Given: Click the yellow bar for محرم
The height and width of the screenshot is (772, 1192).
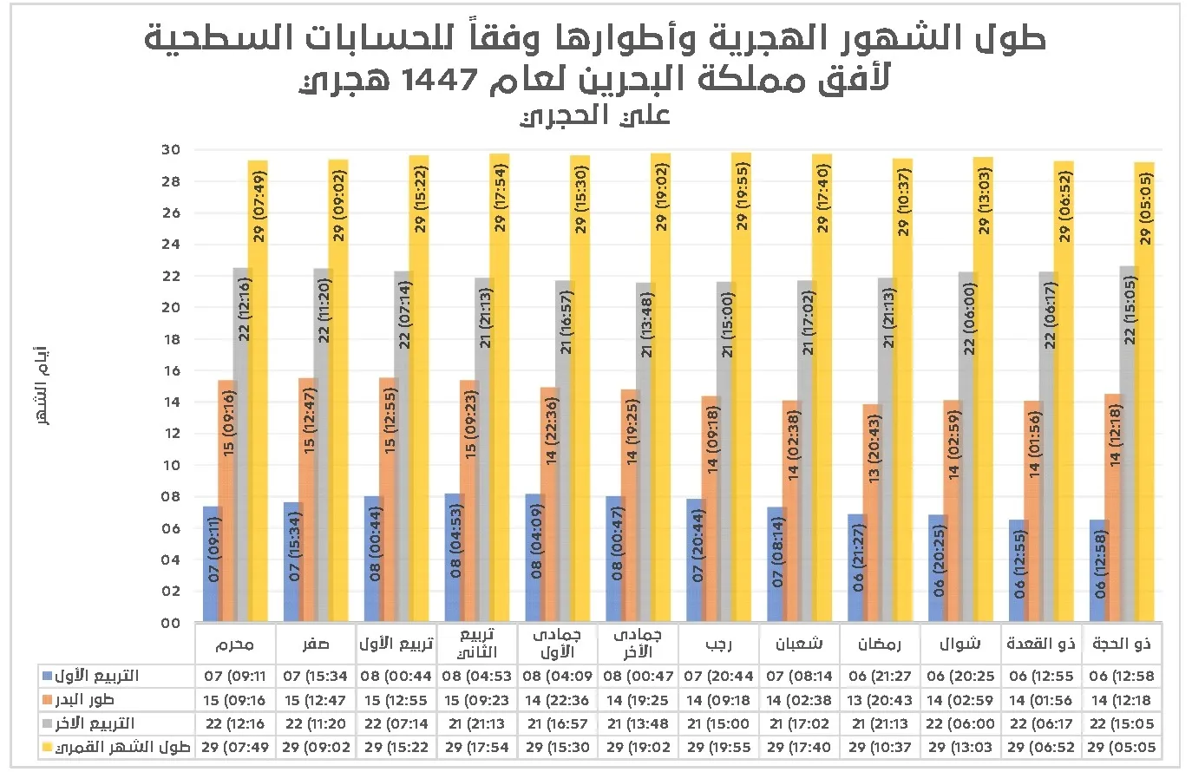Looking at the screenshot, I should (258, 390).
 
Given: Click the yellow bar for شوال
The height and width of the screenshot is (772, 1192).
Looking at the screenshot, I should (983, 389).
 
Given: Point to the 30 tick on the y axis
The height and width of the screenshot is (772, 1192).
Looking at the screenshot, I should (170, 150).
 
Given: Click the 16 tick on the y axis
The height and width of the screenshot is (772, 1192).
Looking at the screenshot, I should (170, 370).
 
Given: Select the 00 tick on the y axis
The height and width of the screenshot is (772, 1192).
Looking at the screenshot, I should (170, 623).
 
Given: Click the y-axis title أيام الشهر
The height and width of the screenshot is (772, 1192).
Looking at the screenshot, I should (41, 385).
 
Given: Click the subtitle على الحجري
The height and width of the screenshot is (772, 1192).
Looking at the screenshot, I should (595, 115).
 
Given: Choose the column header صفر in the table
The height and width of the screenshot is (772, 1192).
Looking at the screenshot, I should (316, 644).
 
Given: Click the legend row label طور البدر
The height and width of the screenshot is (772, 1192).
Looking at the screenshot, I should (84, 699).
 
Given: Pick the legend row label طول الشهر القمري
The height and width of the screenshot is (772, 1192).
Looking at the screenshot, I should (122, 747).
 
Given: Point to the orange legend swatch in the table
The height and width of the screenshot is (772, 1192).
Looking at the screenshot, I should (48, 700).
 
